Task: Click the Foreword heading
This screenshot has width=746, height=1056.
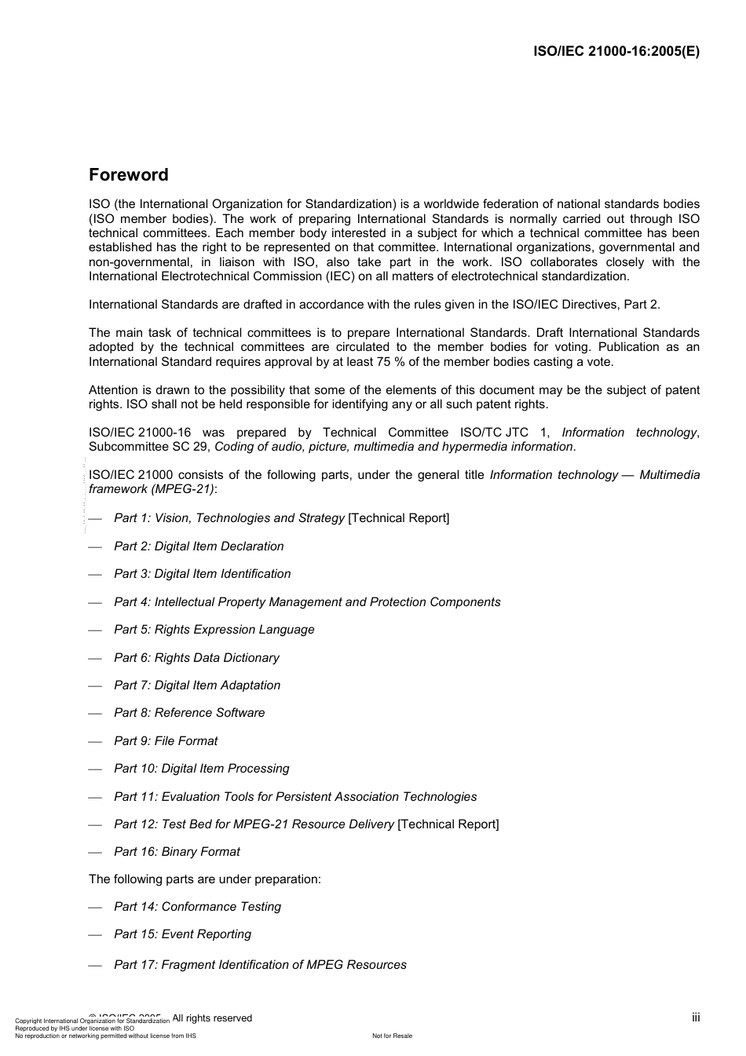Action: click(128, 175)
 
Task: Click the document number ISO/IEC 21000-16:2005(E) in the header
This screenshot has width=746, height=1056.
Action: click(616, 52)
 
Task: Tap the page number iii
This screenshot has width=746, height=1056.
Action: click(696, 1018)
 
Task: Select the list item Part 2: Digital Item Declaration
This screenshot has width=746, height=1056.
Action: click(199, 546)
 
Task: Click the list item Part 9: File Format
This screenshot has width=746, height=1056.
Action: click(166, 741)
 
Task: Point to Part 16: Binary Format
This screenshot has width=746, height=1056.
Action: click(177, 852)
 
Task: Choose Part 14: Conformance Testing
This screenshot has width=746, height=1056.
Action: click(197, 907)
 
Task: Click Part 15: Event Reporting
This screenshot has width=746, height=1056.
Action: click(182, 934)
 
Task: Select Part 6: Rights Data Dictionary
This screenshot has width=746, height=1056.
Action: click(196, 658)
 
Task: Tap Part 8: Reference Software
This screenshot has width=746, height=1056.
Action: click(189, 713)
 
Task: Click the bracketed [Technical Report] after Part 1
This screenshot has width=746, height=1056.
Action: click(399, 518)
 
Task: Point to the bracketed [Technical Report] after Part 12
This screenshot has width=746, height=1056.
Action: click(448, 824)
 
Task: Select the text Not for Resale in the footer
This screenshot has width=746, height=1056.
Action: click(392, 1036)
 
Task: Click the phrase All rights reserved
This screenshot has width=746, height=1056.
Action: click(212, 1018)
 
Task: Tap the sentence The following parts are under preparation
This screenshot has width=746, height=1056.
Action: click(204, 879)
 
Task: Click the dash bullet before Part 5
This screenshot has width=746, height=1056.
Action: click(95, 630)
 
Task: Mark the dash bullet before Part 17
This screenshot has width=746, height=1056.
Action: click(95, 966)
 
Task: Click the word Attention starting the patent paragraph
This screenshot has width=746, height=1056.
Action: click(113, 390)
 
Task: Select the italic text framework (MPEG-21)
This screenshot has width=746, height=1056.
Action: click(152, 489)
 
